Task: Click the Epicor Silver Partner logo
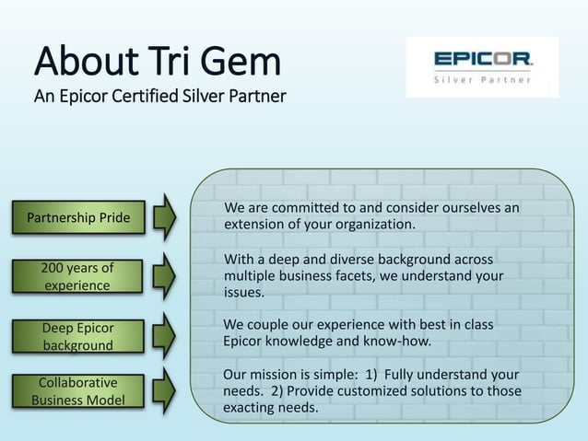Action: (x=482, y=66)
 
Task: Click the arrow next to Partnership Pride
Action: (x=164, y=217)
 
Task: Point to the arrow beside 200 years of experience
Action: (x=164, y=275)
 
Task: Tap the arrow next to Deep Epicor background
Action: (x=164, y=335)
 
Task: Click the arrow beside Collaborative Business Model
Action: (x=164, y=390)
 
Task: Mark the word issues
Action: (x=244, y=292)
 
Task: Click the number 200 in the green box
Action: (x=55, y=268)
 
